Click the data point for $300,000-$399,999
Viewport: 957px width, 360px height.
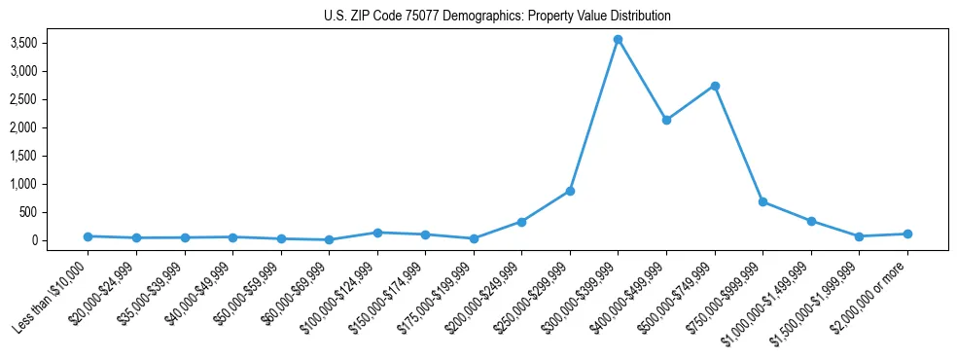[x=618, y=40]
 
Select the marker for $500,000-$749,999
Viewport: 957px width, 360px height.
[x=715, y=86]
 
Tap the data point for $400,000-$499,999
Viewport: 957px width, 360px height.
[x=666, y=120]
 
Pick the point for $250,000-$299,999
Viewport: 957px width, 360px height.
[x=570, y=191]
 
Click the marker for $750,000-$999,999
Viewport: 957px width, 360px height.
[x=762, y=201]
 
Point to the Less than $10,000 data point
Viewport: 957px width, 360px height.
[x=88, y=236]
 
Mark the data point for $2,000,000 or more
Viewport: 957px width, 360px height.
[x=907, y=234]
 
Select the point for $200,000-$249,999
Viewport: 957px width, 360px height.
[x=521, y=222]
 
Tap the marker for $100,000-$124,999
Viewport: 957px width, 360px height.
[x=377, y=233]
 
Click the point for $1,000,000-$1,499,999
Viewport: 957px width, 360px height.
[x=811, y=221]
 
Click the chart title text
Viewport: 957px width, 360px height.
[x=497, y=17]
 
